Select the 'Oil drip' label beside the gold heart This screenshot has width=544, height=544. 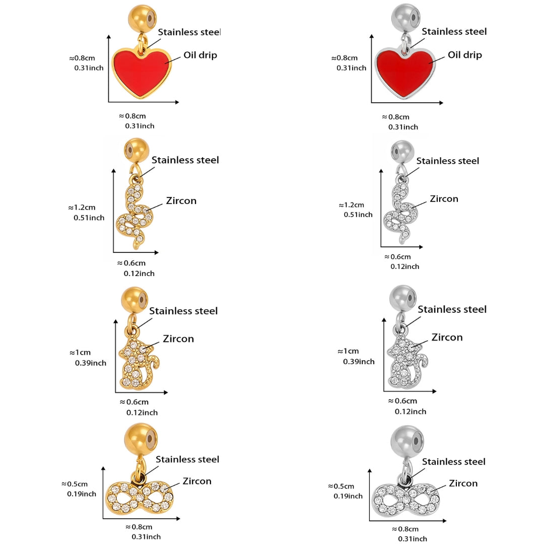click(200, 55)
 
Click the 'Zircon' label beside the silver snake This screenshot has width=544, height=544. click(444, 199)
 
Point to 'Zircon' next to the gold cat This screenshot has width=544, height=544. click(178, 338)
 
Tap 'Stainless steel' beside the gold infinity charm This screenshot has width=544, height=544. click(187, 459)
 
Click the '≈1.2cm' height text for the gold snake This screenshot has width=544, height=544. click(82, 207)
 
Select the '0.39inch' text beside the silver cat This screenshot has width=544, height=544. click(359, 361)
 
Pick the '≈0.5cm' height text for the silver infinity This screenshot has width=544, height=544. click(341, 486)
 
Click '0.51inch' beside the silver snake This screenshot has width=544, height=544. click(358, 215)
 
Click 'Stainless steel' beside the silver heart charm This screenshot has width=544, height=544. click(454, 31)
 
